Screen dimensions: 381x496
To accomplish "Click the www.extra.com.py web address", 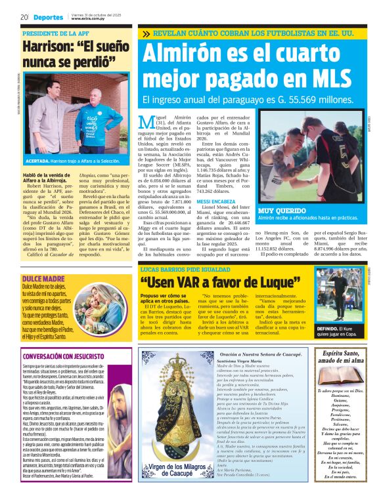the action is (89, 19).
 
